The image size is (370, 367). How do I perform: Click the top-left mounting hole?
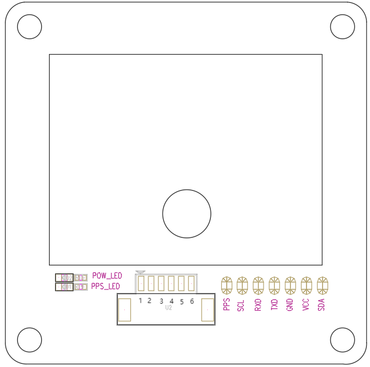30,27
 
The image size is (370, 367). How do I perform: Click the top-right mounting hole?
342,27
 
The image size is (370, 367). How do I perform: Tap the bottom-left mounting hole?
30,340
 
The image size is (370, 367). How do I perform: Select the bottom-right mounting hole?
342,340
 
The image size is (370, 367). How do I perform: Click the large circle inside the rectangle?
187,214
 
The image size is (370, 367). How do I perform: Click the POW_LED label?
107,276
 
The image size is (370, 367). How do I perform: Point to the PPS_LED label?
105,286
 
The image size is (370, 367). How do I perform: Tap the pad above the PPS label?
226,286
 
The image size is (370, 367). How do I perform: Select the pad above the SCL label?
242,286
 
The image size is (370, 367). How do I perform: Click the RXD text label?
258,305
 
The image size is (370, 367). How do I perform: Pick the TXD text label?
274,305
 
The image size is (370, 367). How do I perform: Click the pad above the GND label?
290,286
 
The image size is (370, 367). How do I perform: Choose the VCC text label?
305,305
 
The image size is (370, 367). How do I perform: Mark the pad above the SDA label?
322,286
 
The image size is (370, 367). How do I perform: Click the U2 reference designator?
168,307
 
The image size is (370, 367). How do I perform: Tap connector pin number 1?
140,301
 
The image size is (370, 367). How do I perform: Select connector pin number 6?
192,301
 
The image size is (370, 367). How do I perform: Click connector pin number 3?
161,301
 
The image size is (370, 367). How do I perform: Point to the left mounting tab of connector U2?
124,309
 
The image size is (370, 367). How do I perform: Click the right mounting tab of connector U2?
207,309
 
